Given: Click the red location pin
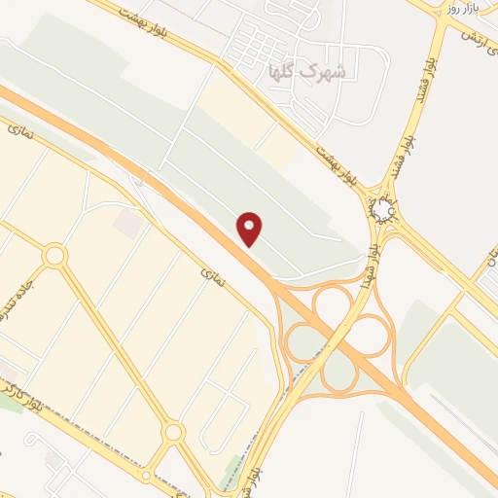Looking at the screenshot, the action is tap(250, 228).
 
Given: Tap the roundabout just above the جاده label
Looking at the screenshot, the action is tap(54, 256).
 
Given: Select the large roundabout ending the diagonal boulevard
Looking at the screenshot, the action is tap(173, 431).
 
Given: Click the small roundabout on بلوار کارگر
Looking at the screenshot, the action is tap(146, 476).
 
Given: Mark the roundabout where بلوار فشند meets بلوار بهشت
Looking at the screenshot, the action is tap(381, 209).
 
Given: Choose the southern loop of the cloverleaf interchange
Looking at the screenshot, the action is tap(339, 373).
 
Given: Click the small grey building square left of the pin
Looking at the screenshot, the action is tap(126, 223).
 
